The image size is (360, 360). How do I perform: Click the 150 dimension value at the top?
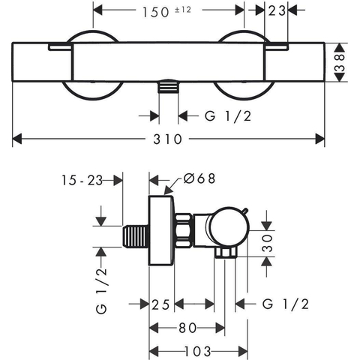tap(156, 12)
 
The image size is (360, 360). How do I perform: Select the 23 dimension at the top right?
tap(277, 10)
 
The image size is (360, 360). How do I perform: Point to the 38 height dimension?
tap(340, 63)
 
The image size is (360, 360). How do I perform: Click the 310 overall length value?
tap(167, 139)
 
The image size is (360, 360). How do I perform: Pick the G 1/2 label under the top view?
tap(228, 116)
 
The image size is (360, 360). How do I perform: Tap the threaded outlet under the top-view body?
tap(169, 87)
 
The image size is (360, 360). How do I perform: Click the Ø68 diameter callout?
tap(199, 178)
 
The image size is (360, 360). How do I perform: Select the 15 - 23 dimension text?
tap(82, 180)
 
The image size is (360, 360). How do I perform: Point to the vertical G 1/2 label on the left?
tap(101, 291)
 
